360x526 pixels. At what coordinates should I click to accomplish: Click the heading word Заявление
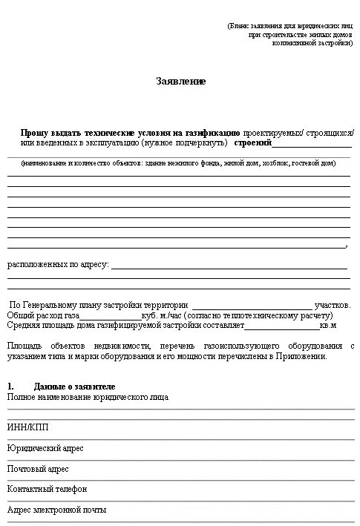[180, 81]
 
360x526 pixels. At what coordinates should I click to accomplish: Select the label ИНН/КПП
[24, 428]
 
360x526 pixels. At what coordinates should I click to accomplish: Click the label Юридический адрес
[45, 449]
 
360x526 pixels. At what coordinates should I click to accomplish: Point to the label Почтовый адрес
[38, 469]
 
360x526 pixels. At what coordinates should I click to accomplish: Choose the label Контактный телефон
[47, 490]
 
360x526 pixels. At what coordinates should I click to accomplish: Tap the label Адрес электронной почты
[56, 510]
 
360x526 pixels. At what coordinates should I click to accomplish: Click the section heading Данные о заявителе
[74, 387]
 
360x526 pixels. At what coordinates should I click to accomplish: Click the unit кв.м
[328, 326]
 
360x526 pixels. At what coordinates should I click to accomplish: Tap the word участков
[333, 306]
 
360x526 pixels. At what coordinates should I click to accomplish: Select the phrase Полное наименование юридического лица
[88, 397]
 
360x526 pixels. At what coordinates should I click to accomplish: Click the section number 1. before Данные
[10, 387]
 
